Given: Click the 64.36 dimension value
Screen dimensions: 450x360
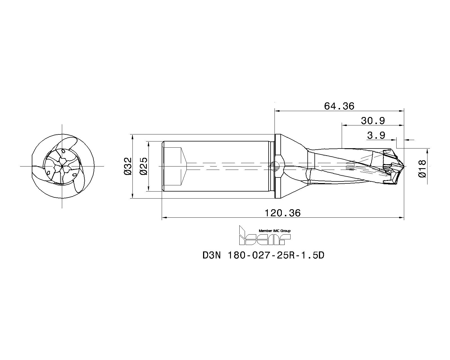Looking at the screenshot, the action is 339,106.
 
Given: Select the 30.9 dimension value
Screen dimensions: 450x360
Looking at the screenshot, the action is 373,121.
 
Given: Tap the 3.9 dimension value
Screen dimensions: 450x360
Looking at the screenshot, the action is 376,136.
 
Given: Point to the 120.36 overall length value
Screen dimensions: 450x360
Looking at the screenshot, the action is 282,213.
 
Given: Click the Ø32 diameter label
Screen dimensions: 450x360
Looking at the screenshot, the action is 128,166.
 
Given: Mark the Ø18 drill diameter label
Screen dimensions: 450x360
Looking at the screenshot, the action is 422,168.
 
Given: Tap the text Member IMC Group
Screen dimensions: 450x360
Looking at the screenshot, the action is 274,231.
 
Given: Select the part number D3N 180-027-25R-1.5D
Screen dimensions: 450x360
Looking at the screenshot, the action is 263,255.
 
